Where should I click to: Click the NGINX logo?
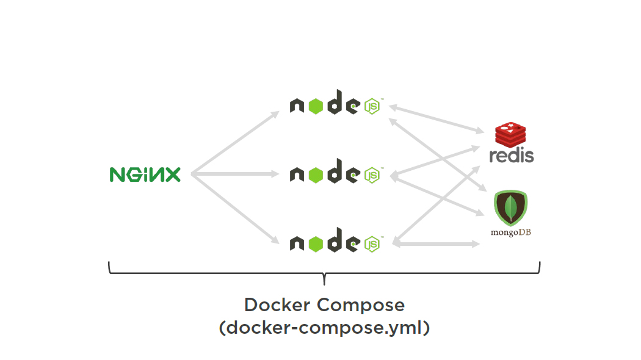[x=145, y=175]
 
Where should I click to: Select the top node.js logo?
[x=335, y=106]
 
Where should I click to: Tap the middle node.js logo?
[x=335, y=175]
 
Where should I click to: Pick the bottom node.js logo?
[x=335, y=243]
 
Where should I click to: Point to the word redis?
[x=512, y=155]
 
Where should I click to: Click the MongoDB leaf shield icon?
[x=510, y=207]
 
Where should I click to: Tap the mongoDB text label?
[x=510, y=232]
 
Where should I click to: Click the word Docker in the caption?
[x=277, y=304]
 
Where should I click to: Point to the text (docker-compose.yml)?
[x=324, y=328]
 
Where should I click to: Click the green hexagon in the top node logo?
[x=315, y=106]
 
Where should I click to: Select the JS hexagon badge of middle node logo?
[x=372, y=176]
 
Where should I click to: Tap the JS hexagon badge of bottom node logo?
[x=372, y=245]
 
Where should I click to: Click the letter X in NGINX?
[x=172, y=175]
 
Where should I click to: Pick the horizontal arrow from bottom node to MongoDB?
[x=437, y=244]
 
